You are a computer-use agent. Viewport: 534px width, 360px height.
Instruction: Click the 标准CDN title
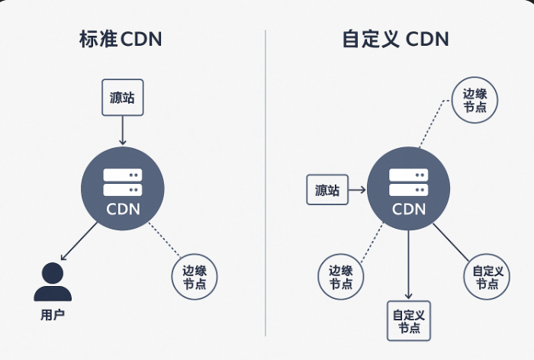pos(121,39)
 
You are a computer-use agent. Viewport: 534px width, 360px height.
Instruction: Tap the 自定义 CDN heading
pos(395,39)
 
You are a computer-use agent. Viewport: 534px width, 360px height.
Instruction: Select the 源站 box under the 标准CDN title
pos(122,97)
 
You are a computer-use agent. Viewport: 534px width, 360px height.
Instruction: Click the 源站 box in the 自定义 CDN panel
pos(327,190)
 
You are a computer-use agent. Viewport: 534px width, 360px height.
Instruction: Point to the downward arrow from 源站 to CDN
pos(122,131)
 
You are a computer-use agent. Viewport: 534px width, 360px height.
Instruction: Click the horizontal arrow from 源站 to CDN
pos(357,190)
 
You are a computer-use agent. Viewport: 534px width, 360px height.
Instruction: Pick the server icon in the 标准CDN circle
pos(122,182)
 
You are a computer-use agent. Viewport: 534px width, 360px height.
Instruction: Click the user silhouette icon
pos(52,282)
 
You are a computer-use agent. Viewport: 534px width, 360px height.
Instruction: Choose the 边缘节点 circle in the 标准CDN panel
pos(195,276)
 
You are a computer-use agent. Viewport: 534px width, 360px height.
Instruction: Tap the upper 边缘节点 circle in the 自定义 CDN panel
pos(475,100)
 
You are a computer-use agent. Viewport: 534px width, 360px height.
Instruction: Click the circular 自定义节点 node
pos(487,277)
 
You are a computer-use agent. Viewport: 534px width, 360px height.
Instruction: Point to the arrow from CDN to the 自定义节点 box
pos(408,263)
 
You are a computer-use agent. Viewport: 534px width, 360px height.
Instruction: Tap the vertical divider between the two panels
pos(265,183)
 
